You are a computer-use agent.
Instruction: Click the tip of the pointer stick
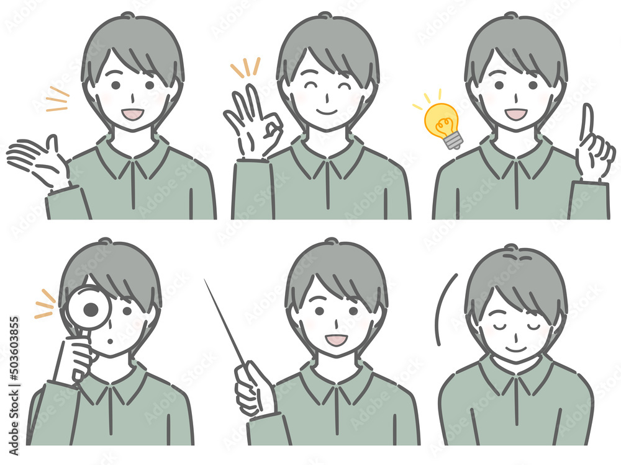pos(206,281)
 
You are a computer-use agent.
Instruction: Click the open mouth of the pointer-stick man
pos(336,340)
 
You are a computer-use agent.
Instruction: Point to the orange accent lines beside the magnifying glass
pos(44,304)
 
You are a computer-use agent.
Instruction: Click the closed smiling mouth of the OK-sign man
pos(327,113)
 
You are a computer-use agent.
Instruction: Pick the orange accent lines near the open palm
pos(57,100)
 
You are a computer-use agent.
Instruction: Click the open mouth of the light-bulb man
pos(515,114)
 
